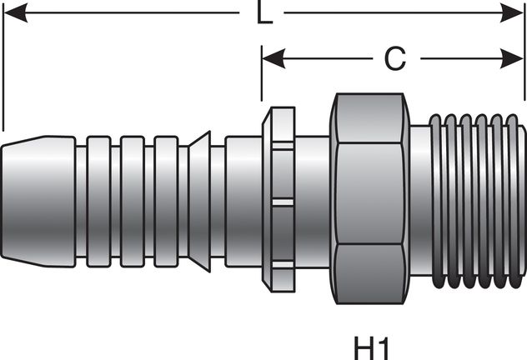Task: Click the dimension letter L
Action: coord(264,15)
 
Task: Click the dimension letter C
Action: coord(394,58)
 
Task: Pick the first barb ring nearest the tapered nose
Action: coord(98,192)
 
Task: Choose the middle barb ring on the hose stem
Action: coord(132,192)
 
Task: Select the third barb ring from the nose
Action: coord(165,192)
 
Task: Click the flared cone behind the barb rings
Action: coord(198,192)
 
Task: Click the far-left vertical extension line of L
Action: coord(3,67)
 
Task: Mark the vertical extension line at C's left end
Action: coord(261,83)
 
